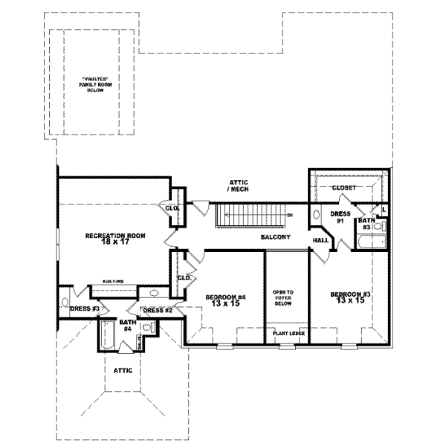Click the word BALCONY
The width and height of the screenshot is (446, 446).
[x=275, y=237]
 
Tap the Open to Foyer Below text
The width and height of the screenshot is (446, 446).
[x=286, y=297]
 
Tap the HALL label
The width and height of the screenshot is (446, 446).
[x=321, y=241]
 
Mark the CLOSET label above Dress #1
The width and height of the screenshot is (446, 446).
[x=343, y=188]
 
